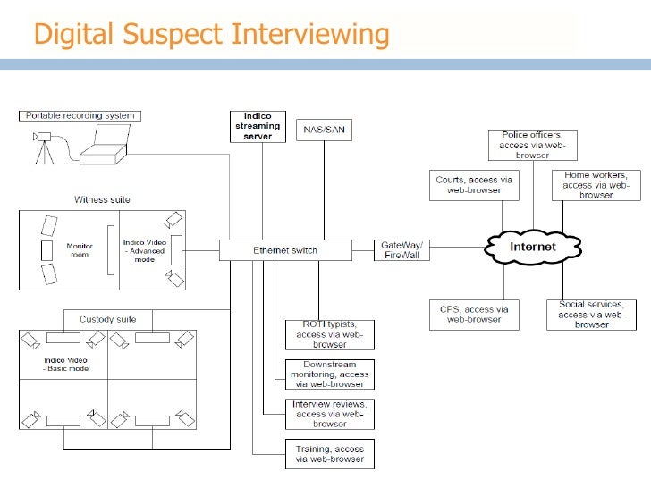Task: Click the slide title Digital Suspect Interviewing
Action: point(211,35)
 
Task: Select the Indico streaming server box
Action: point(258,126)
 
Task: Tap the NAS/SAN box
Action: point(324,130)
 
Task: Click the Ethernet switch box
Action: point(284,250)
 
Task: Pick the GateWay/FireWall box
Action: point(402,249)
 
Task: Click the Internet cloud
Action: point(532,247)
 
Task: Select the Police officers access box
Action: point(532,145)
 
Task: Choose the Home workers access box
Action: point(596,185)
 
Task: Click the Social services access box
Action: point(592,315)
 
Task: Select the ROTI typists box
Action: point(329,334)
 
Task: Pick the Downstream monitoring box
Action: point(329,374)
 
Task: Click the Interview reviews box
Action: point(329,414)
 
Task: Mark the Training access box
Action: point(329,454)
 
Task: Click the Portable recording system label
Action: point(81,116)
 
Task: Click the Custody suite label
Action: point(107,319)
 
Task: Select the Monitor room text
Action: point(80,249)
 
